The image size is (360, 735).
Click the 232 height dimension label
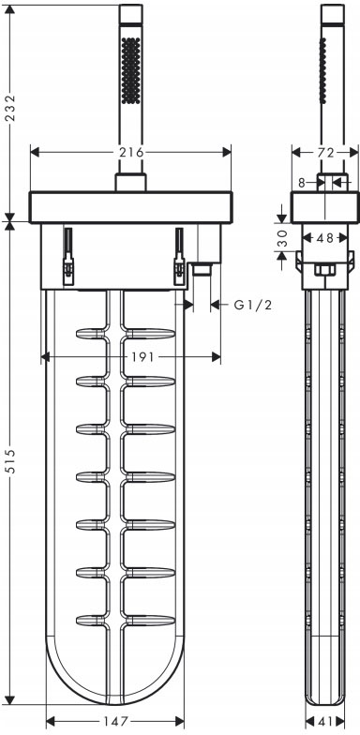[x=10, y=109]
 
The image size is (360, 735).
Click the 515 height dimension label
[x=10, y=461]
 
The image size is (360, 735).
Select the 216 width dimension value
[x=131, y=152]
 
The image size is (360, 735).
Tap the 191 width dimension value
[x=141, y=357]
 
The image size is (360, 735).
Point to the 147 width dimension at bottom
[x=114, y=721]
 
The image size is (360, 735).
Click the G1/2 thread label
[x=253, y=306]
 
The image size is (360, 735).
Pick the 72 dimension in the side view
[x=324, y=152]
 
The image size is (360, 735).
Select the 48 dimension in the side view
[x=324, y=238]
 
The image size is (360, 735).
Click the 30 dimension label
[x=281, y=237]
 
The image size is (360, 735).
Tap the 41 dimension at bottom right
[x=324, y=721]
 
